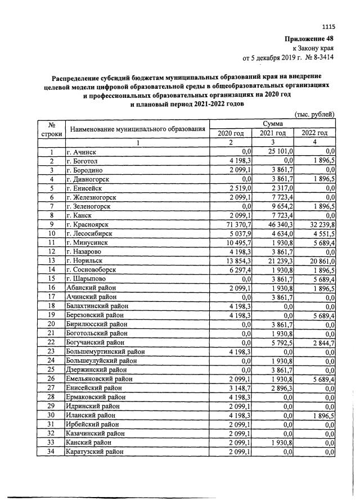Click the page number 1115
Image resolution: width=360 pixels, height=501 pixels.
pos(328,26)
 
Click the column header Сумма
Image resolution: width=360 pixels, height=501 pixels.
pos(273,123)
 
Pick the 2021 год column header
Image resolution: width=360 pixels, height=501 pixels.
pos(273,133)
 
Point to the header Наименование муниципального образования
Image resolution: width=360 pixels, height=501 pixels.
pos(136,129)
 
